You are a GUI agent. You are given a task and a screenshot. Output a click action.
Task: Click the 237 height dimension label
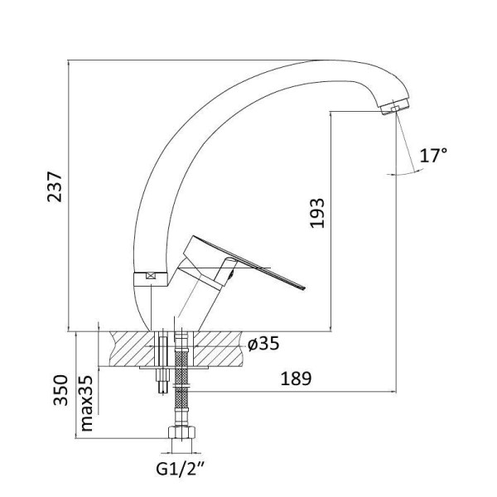[x=55, y=186]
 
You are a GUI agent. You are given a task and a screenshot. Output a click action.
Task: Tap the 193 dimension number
[x=317, y=213]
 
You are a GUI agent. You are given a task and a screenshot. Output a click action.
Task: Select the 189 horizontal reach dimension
[x=296, y=379]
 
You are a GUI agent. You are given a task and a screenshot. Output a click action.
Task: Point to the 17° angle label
[x=433, y=155]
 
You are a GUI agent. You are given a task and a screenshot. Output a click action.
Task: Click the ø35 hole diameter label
[x=263, y=343]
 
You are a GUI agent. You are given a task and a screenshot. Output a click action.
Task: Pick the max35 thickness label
[x=86, y=403]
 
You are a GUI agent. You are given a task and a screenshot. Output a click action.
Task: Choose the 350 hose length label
[x=60, y=390]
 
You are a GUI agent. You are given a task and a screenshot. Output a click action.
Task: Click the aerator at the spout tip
[x=395, y=107]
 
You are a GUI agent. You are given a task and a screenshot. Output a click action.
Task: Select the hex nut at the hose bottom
[x=181, y=432]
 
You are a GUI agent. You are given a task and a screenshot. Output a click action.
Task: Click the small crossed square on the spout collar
[x=152, y=276]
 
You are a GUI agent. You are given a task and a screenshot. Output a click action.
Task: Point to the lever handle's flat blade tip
[x=302, y=287]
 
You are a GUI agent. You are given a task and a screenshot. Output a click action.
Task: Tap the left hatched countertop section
[x=131, y=349]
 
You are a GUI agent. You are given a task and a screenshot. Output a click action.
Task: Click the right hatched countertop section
[x=218, y=349]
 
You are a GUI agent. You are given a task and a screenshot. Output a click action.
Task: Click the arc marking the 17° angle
[x=406, y=173]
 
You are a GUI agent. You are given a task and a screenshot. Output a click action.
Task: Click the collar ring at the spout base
[x=150, y=279]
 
